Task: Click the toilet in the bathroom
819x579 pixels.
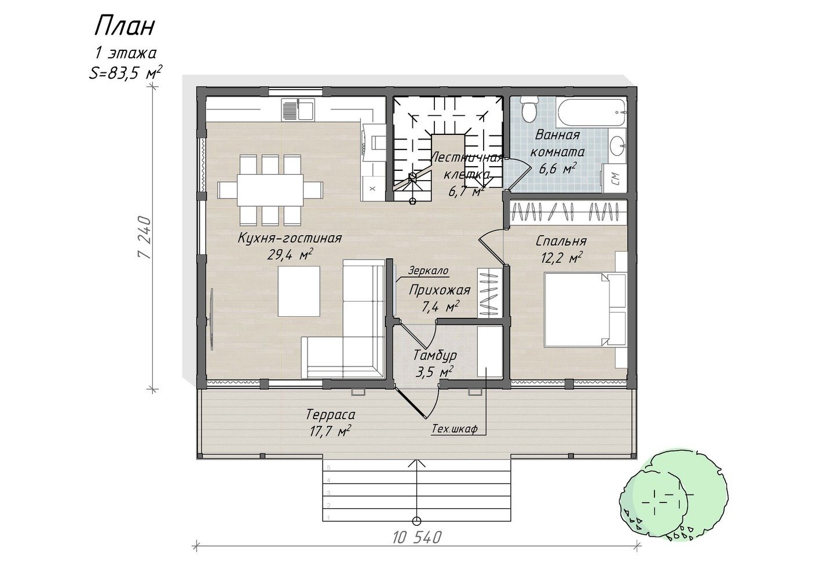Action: pos(529,109)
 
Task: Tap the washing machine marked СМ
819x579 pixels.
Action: pos(614,178)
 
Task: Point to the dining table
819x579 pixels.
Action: pos(270,190)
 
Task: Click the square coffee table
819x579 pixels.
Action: pos(299,291)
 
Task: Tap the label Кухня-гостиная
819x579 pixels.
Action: pos(290,239)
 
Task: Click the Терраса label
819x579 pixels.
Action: pos(331,415)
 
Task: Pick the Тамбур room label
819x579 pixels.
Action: pos(435,355)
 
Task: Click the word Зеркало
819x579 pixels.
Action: pos(429,271)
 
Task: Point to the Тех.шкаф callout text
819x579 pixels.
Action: pos(455,429)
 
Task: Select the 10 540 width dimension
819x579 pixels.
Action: pos(417,538)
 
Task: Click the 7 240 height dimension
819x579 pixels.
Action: pos(144,237)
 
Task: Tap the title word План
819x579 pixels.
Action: pos(125,27)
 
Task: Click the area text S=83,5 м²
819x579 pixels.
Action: pos(126,72)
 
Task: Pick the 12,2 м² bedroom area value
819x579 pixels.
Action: pos(562,258)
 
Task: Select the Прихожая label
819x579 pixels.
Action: pos(440,291)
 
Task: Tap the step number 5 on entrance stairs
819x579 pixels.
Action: pos(328,468)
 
